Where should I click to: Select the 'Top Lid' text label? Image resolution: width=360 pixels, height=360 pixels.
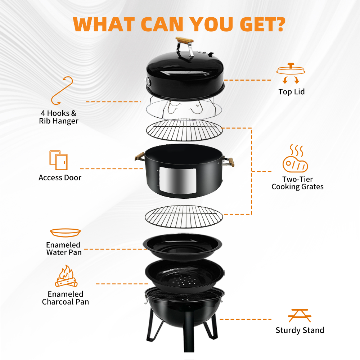[291, 92]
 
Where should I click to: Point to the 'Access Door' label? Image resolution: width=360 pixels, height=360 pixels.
[60, 177]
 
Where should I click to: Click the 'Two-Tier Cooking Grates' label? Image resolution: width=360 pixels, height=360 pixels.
[297, 183]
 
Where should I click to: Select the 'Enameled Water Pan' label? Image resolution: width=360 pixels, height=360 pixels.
[64, 248]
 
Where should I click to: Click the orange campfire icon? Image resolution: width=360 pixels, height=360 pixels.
[66, 277]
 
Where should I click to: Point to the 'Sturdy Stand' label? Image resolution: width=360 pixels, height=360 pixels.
[300, 330]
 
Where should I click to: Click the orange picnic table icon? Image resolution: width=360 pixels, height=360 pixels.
[300, 315]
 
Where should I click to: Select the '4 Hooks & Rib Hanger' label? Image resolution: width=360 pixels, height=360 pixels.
[59, 117]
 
